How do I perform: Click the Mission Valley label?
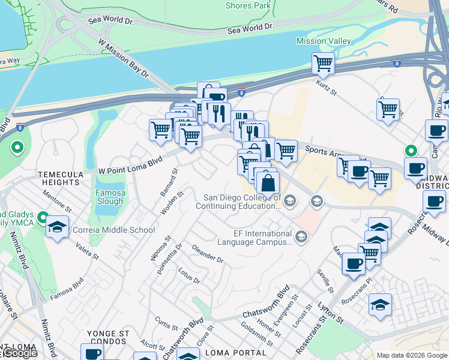point(323,41)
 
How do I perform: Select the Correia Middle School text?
point(113,230)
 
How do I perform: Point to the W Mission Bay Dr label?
point(123,58)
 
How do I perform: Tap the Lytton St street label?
point(330,313)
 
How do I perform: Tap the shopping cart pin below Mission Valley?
point(323,63)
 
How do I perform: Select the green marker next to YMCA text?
point(42,217)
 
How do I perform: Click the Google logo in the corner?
point(19,353)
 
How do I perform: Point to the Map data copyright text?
point(412,355)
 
